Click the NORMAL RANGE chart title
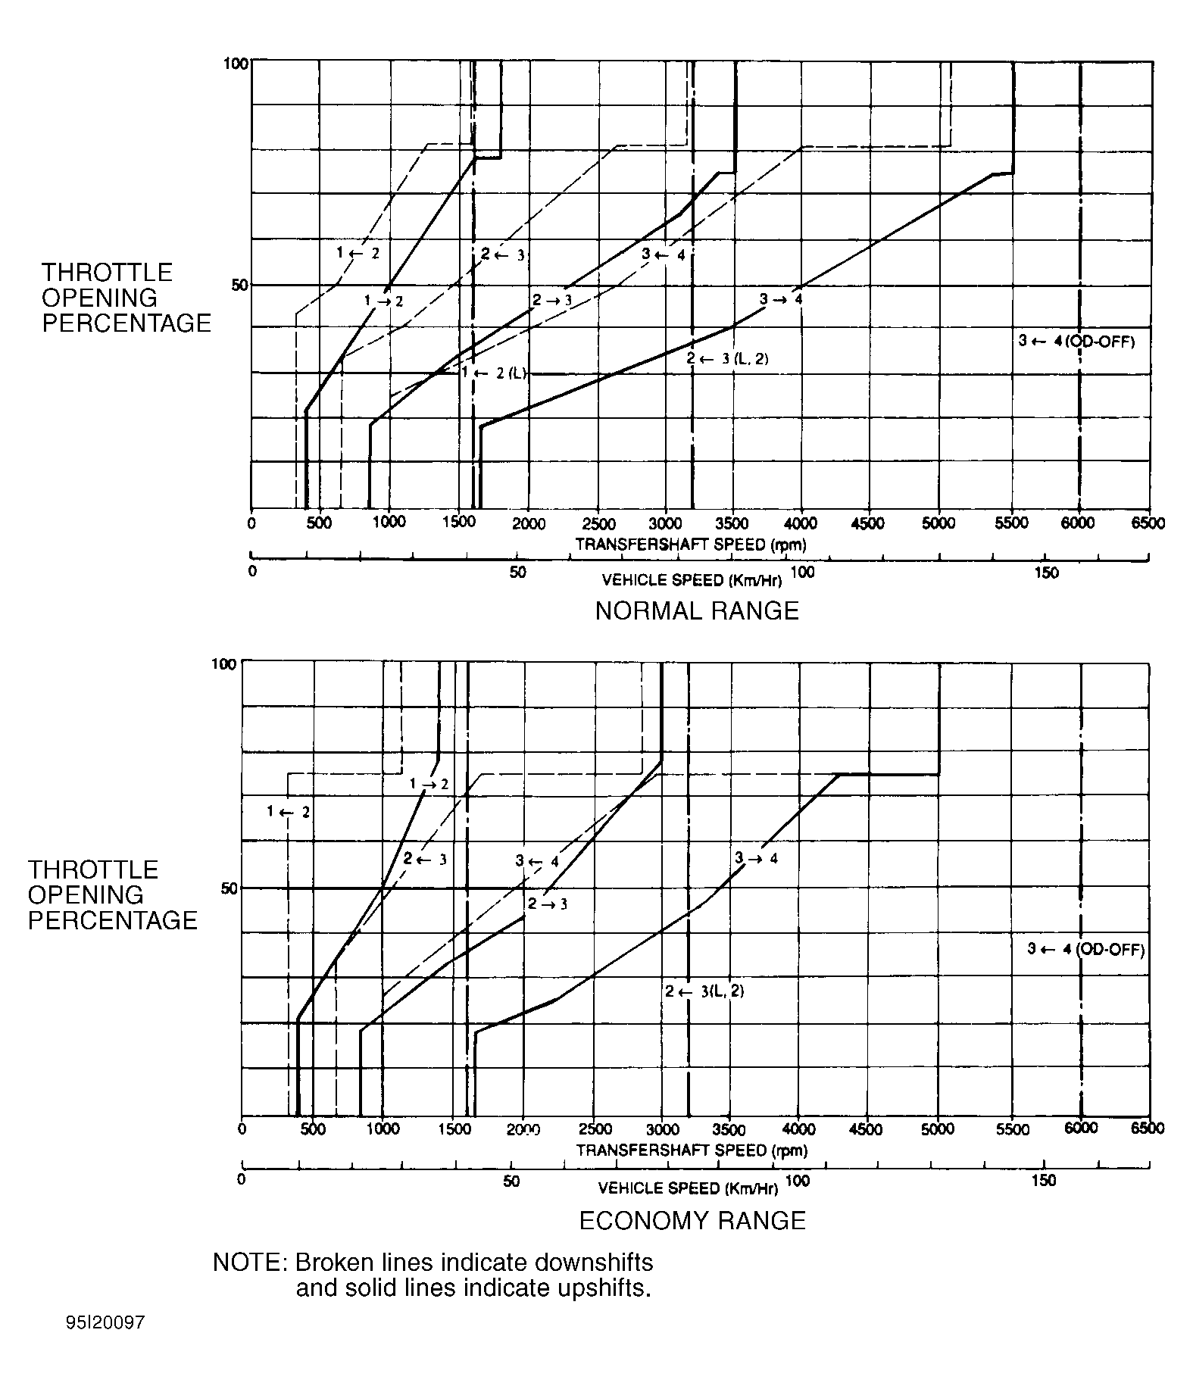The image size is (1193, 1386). coord(697,610)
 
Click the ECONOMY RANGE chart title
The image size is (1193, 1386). coord(692,1221)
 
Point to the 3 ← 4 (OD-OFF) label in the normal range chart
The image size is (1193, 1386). coord(1076,342)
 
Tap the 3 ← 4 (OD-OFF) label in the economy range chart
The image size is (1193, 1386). coord(1085,949)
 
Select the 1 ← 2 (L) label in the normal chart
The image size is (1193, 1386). coord(494,373)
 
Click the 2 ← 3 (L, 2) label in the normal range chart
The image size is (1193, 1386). coord(727,359)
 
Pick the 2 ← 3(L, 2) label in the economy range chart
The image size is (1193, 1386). coord(704,991)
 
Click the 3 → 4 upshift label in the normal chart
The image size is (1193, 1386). coord(781,300)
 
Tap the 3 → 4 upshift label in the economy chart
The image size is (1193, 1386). coord(756,858)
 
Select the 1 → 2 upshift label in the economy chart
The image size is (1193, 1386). coord(429,784)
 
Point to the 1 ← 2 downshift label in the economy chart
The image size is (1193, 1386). coord(289,812)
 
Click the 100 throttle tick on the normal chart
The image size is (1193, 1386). coord(236,64)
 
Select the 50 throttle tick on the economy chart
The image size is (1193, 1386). coord(230,888)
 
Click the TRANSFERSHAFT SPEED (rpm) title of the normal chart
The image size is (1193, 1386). coord(691,545)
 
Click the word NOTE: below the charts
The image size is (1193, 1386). coord(249,1263)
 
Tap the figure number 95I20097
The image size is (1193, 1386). coord(105,1323)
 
